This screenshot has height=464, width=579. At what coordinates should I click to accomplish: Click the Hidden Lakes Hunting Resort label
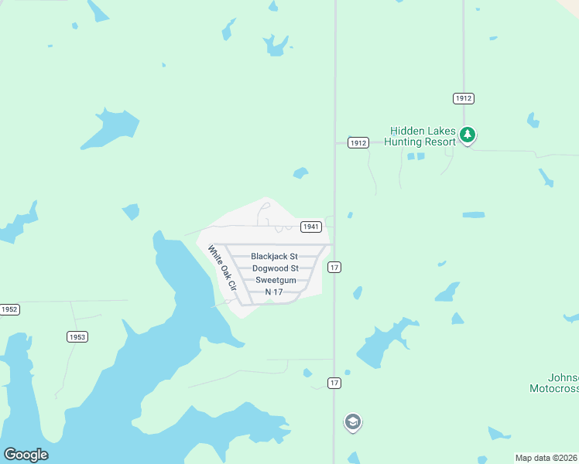tap(423, 137)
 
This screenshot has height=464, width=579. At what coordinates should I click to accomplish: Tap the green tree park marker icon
tap(467, 135)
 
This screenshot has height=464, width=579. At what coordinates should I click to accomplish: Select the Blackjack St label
tap(274, 256)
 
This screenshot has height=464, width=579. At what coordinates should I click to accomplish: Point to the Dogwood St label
tap(275, 268)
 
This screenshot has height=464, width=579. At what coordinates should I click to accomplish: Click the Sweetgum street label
tap(276, 280)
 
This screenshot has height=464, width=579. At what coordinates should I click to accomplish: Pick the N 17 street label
tap(273, 292)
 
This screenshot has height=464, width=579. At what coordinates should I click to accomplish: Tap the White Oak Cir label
tap(221, 268)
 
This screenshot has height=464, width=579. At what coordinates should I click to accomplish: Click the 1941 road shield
tap(311, 227)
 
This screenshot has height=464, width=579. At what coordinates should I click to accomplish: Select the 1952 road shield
tap(9, 309)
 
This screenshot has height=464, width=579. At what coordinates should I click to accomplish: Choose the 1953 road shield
tap(77, 336)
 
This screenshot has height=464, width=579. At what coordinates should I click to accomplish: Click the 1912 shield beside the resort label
tap(358, 143)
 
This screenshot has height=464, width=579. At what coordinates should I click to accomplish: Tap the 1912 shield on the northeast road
tap(464, 98)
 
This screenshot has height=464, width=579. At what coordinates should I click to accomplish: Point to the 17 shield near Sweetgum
tap(334, 267)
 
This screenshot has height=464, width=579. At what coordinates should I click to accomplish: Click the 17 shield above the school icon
tap(334, 383)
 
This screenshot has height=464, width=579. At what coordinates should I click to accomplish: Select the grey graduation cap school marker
tap(353, 422)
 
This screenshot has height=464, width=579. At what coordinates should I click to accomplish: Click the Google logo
tap(26, 455)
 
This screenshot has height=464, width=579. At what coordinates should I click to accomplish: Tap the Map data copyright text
tap(546, 458)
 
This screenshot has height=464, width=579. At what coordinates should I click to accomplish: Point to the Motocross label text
tap(554, 388)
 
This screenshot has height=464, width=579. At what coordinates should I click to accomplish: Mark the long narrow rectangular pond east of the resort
tap(474, 214)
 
